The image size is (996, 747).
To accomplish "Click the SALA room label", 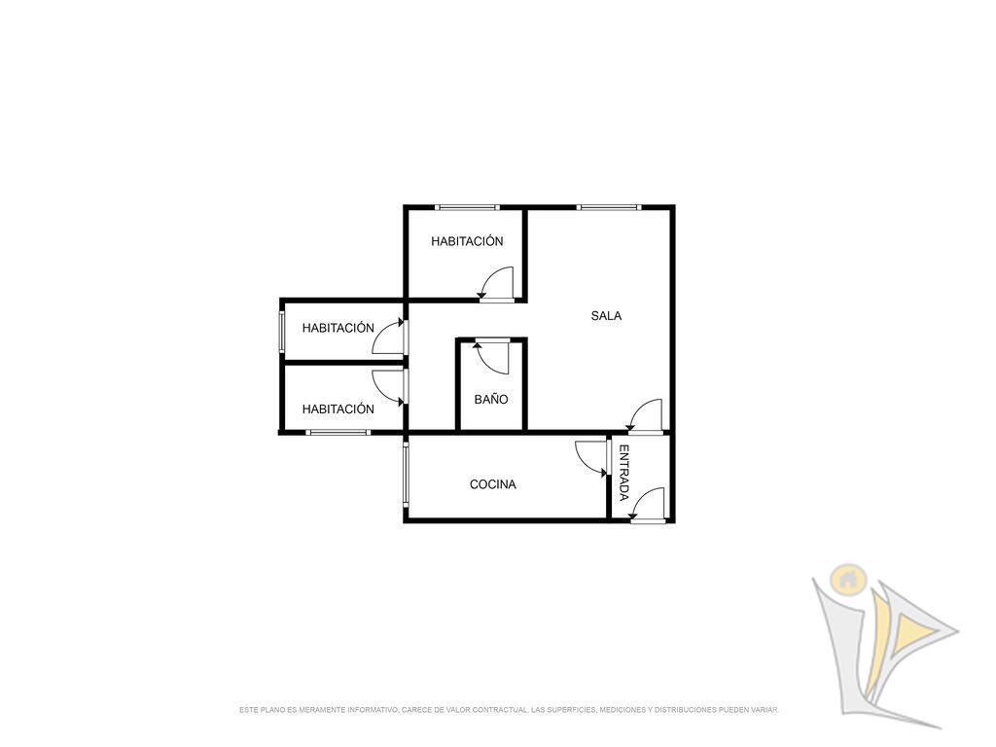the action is click(x=606, y=316).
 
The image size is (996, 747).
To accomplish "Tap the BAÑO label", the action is click(x=491, y=399).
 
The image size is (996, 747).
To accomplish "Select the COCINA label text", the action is click(x=493, y=484).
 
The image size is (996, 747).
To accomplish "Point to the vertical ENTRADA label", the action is click(x=623, y=473).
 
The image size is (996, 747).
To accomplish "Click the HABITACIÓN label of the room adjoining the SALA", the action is click(x=467, y=241).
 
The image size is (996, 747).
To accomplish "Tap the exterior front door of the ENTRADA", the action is click(x=648, y=506).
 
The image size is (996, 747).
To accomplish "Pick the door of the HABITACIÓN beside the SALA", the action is click(x=496, y=283).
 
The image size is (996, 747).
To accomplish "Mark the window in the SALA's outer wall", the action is click(x=609, y=207).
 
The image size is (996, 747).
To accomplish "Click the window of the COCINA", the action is click(x=406, y=475).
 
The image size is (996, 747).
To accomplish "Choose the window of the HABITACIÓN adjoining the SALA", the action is click(x=467, y=207).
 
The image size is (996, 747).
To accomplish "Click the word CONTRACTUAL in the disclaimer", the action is click(x=501, y=709).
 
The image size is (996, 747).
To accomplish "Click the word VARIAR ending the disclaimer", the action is click(x=765, y=709).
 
